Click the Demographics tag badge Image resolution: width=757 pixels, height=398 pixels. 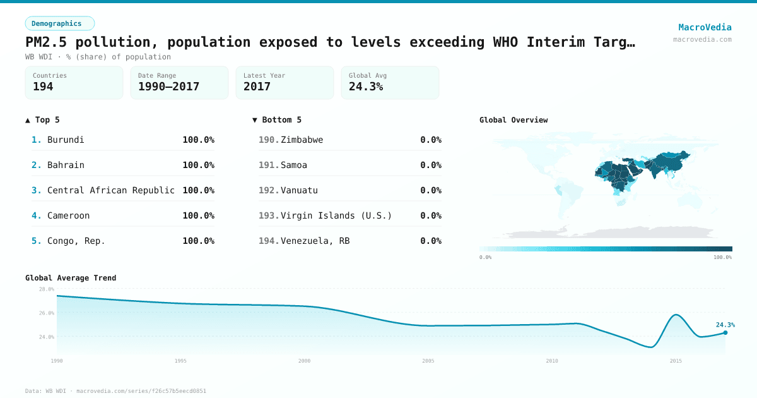(x=59, y=23)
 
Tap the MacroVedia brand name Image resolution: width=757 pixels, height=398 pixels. (x=705, y=27)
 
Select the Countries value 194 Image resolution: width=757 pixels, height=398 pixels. (x=43, y=87)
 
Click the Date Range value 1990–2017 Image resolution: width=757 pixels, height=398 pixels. (x=168, y=87)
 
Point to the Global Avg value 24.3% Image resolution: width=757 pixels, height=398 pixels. (x=366, y=87)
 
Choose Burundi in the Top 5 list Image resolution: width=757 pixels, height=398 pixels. (x=66, y=140)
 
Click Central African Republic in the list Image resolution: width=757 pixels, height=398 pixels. (x=111, y=190)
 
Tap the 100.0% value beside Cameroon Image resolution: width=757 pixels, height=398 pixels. (x=198, y=215)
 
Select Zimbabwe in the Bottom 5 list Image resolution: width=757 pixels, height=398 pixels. (x=302, y=140)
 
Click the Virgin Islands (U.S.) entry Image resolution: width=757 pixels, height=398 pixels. (x=336, y=215)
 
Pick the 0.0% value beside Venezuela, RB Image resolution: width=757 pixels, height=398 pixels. (x=430, y=241)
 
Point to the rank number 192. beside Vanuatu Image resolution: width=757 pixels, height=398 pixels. (x=269, y=190)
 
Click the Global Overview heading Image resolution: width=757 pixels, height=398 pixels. (x=513, y=120)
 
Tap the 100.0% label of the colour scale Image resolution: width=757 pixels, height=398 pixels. (x=722, y=257)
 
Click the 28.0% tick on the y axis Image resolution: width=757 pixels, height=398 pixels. (x=47, y=289)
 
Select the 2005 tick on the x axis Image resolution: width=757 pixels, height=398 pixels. (x=428, y=361)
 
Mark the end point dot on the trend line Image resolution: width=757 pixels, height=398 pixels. (x=725, y=332)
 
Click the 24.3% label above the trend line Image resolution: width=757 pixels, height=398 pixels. (x=725, y=325)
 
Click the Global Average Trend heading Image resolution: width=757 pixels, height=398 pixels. (x=71, y=278)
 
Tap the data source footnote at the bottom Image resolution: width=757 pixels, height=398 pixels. (x=115, y=391)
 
